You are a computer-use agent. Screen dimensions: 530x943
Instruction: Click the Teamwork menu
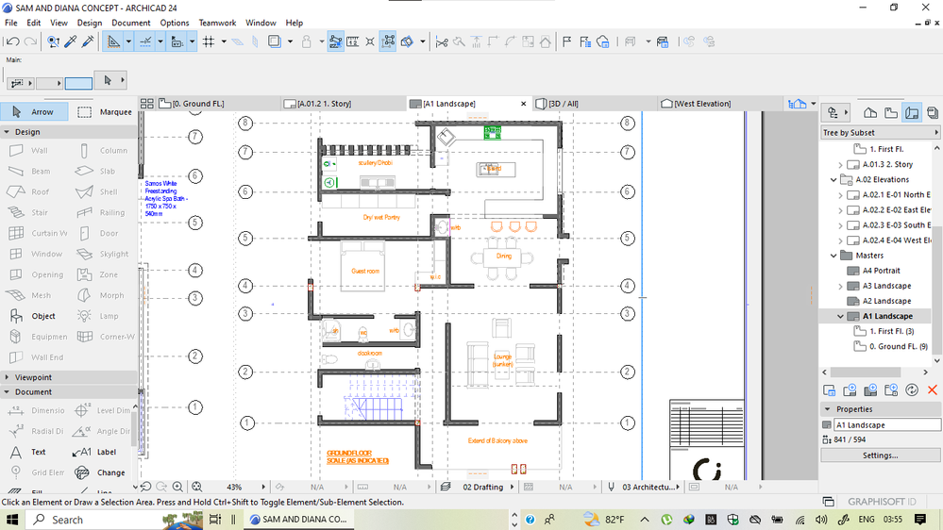(217, 23)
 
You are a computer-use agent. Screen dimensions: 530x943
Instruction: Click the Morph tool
(110, 295)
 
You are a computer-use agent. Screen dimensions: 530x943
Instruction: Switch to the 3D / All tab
(563, 104)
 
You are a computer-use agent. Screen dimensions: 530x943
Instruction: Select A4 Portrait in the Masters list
(880, 271)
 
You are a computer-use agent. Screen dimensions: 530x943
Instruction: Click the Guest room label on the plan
(365, 272)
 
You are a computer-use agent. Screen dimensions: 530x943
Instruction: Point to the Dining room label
(503, 256)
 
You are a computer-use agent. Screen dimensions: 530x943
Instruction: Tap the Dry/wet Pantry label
(381, 217)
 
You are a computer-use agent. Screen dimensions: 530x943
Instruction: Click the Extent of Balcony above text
(497, 440)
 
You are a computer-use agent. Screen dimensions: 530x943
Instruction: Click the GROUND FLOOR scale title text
(358, 457)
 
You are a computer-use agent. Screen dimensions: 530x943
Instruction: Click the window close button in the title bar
(923, 8)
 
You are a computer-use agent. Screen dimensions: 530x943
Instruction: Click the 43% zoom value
(234, 487)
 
